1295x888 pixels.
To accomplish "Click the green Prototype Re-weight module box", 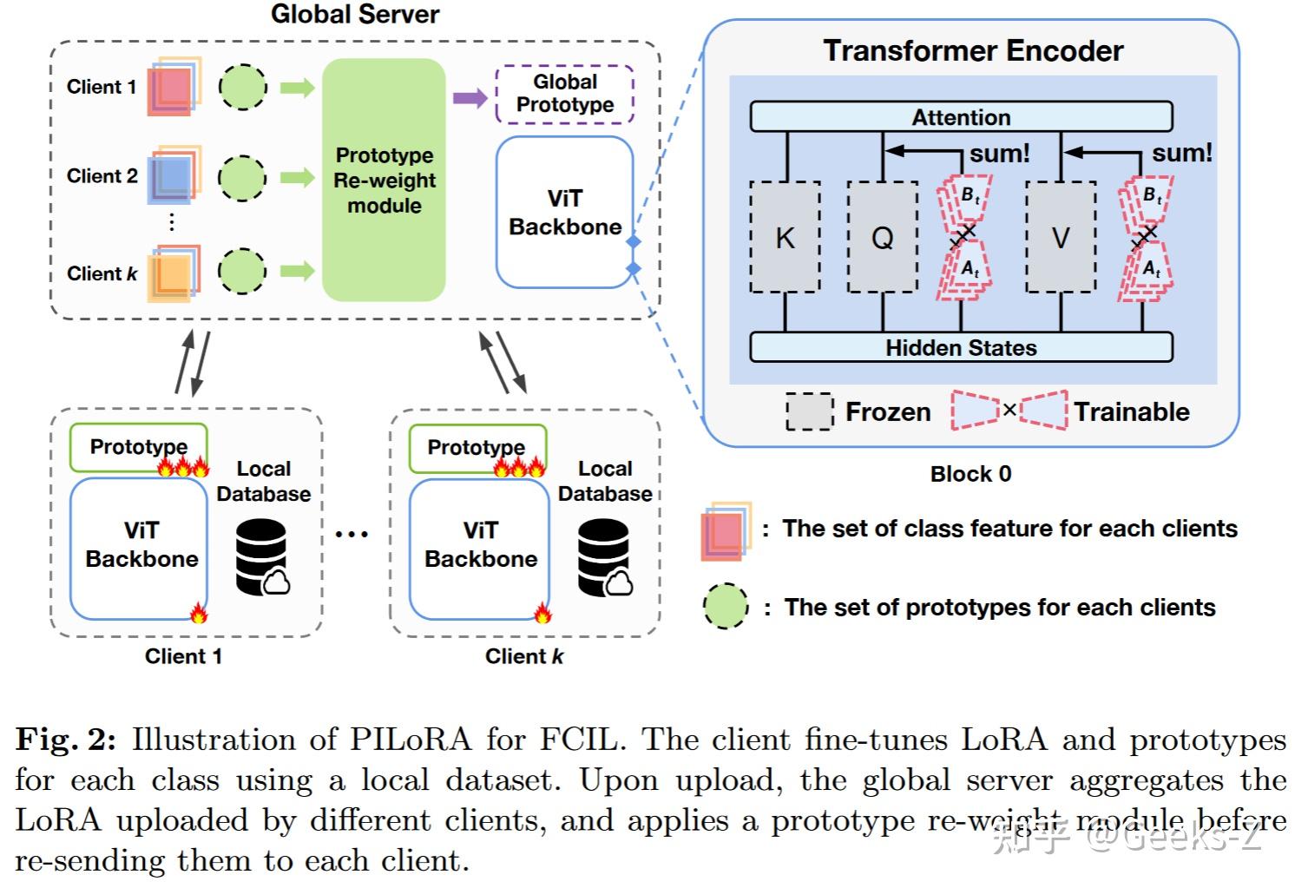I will [x=384, y=180].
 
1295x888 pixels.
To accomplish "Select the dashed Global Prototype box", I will [x=564, y=94].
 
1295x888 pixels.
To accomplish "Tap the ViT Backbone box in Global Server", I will [x=564, y=213].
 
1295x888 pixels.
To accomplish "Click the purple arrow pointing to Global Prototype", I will [x=470, y=97].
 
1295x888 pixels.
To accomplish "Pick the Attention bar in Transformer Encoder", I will [x=961, y=117].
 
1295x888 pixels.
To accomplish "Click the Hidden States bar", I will [x=961, y=347].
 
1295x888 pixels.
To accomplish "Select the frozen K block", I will [x=785, y=237].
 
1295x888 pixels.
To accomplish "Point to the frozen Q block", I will [x=882, y=237].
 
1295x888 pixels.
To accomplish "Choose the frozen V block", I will [x=1061, y=237].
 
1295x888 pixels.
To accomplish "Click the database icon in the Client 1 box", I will [x=262, y=557].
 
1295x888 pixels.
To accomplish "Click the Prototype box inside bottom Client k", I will [x=476, y=447].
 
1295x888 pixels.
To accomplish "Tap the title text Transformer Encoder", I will [x=973, y=51].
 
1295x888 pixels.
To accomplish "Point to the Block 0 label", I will [x=970, y=474].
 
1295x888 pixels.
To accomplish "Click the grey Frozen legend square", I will [x=809, y=411].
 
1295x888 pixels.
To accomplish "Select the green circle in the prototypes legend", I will [x=725, y=606].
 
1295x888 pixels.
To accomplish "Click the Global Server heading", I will [x=355, y=14].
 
